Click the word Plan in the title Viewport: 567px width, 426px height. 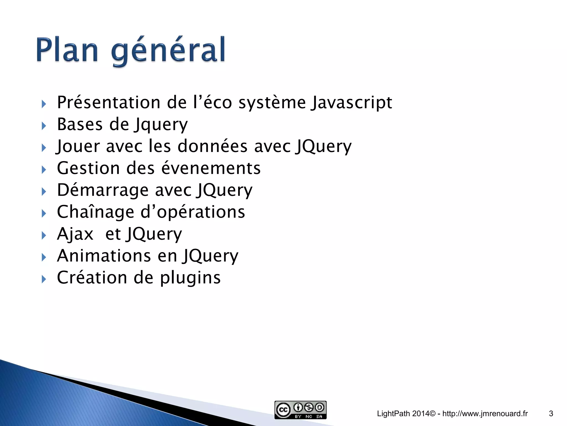67,50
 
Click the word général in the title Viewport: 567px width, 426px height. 168,51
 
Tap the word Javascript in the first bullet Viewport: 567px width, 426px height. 351,103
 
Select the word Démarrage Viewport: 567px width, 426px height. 103,190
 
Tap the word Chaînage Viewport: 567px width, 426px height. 96,212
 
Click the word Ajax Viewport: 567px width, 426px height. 75,234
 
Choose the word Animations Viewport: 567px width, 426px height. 104,255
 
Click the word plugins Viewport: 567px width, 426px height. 190,278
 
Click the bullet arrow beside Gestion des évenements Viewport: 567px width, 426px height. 44,169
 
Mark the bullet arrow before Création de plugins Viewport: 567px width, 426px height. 44,279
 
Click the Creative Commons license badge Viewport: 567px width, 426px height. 300,410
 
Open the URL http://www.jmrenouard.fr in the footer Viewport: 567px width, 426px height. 485,414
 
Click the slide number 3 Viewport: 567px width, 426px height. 551,414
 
